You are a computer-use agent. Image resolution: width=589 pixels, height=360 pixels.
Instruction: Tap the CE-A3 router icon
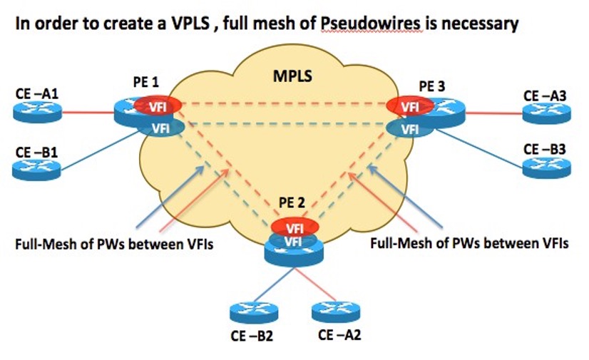(546, 112)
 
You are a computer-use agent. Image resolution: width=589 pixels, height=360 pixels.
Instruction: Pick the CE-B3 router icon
(546, 167)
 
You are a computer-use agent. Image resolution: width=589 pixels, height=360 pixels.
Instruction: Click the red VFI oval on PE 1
(155, 106)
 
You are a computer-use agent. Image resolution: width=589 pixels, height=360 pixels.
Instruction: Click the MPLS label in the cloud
(294, 75)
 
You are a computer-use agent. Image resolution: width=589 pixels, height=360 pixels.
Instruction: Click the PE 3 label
(431, 85)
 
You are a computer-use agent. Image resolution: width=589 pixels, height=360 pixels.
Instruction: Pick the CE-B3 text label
(545, 149)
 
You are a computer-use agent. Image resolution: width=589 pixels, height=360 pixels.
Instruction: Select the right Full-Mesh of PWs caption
(469, 243)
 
